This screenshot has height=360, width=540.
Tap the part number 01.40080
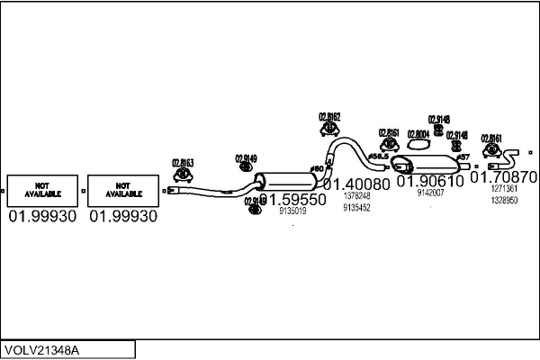pos(356,184)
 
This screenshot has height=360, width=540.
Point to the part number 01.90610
pos(430,181)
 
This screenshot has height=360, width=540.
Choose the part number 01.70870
pos(505,177)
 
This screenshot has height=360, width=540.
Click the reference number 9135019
pos(293,211)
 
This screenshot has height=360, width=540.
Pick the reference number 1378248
pos(357,195)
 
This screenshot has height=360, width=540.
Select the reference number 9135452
pos(357,207)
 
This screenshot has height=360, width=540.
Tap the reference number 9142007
pos(430,193)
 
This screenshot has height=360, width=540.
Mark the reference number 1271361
pos(504,189)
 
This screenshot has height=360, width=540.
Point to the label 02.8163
pos(183,163)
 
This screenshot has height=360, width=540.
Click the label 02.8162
pos(329,116)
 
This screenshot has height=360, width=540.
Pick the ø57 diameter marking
pos(463,157)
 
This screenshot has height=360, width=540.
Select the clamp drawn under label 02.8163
pos(182,175)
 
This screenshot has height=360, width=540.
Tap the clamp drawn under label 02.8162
pos(329,129)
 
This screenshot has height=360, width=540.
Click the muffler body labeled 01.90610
pos(430,166)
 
